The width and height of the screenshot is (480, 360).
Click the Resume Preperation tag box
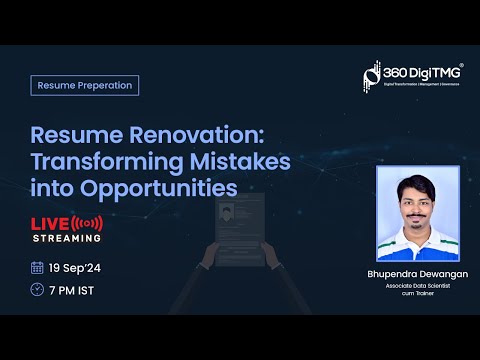point(84,85)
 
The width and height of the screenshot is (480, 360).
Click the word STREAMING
point(65,238)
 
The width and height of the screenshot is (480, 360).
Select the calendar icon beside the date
point(37,267)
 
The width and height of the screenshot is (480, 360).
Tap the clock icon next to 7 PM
point(37,290)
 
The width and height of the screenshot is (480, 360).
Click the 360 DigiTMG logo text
point(421,72)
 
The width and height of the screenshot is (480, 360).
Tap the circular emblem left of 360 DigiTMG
point(373,76)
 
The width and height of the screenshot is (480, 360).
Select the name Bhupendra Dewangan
point(417,273)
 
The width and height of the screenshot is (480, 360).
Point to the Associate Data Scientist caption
point(417,286)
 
